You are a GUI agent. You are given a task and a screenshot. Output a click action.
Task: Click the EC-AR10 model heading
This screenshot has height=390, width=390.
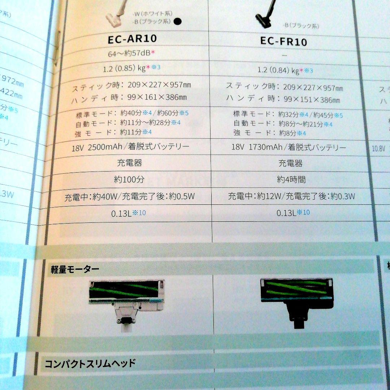pyautogui.click(x=132, y=39)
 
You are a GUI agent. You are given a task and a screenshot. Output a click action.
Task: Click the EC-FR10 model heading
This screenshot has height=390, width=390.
pyautogui.click(x=283, y=41)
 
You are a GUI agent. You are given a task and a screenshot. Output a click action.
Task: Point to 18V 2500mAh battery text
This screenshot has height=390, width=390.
pyautogui.click(x=130, y=147)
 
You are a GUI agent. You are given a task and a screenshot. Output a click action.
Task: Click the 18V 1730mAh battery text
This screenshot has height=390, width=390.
pyautogui.click(x=289, y=147)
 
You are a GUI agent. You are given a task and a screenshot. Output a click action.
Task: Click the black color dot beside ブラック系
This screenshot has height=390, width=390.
pyautogui.click(x=177, y=21)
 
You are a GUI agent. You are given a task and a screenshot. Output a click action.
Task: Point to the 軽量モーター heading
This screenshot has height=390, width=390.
pyautogui.click(x=75, y=269)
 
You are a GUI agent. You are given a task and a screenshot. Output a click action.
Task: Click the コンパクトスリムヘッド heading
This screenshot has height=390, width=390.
pyautogui.click(x=90, y=363)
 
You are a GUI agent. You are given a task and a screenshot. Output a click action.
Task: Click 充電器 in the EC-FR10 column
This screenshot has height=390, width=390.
pyautogui.click(x=291, y=163)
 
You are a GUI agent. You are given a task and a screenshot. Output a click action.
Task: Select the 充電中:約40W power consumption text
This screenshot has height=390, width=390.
pyautogui.click(x=130, y=197)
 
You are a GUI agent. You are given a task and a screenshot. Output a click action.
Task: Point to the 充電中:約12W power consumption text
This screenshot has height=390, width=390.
pyautogui.click(x=291, y=196)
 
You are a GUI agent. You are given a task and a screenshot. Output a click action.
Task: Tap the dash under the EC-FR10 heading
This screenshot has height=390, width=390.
pyautogui.click(x=284, y=55)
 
